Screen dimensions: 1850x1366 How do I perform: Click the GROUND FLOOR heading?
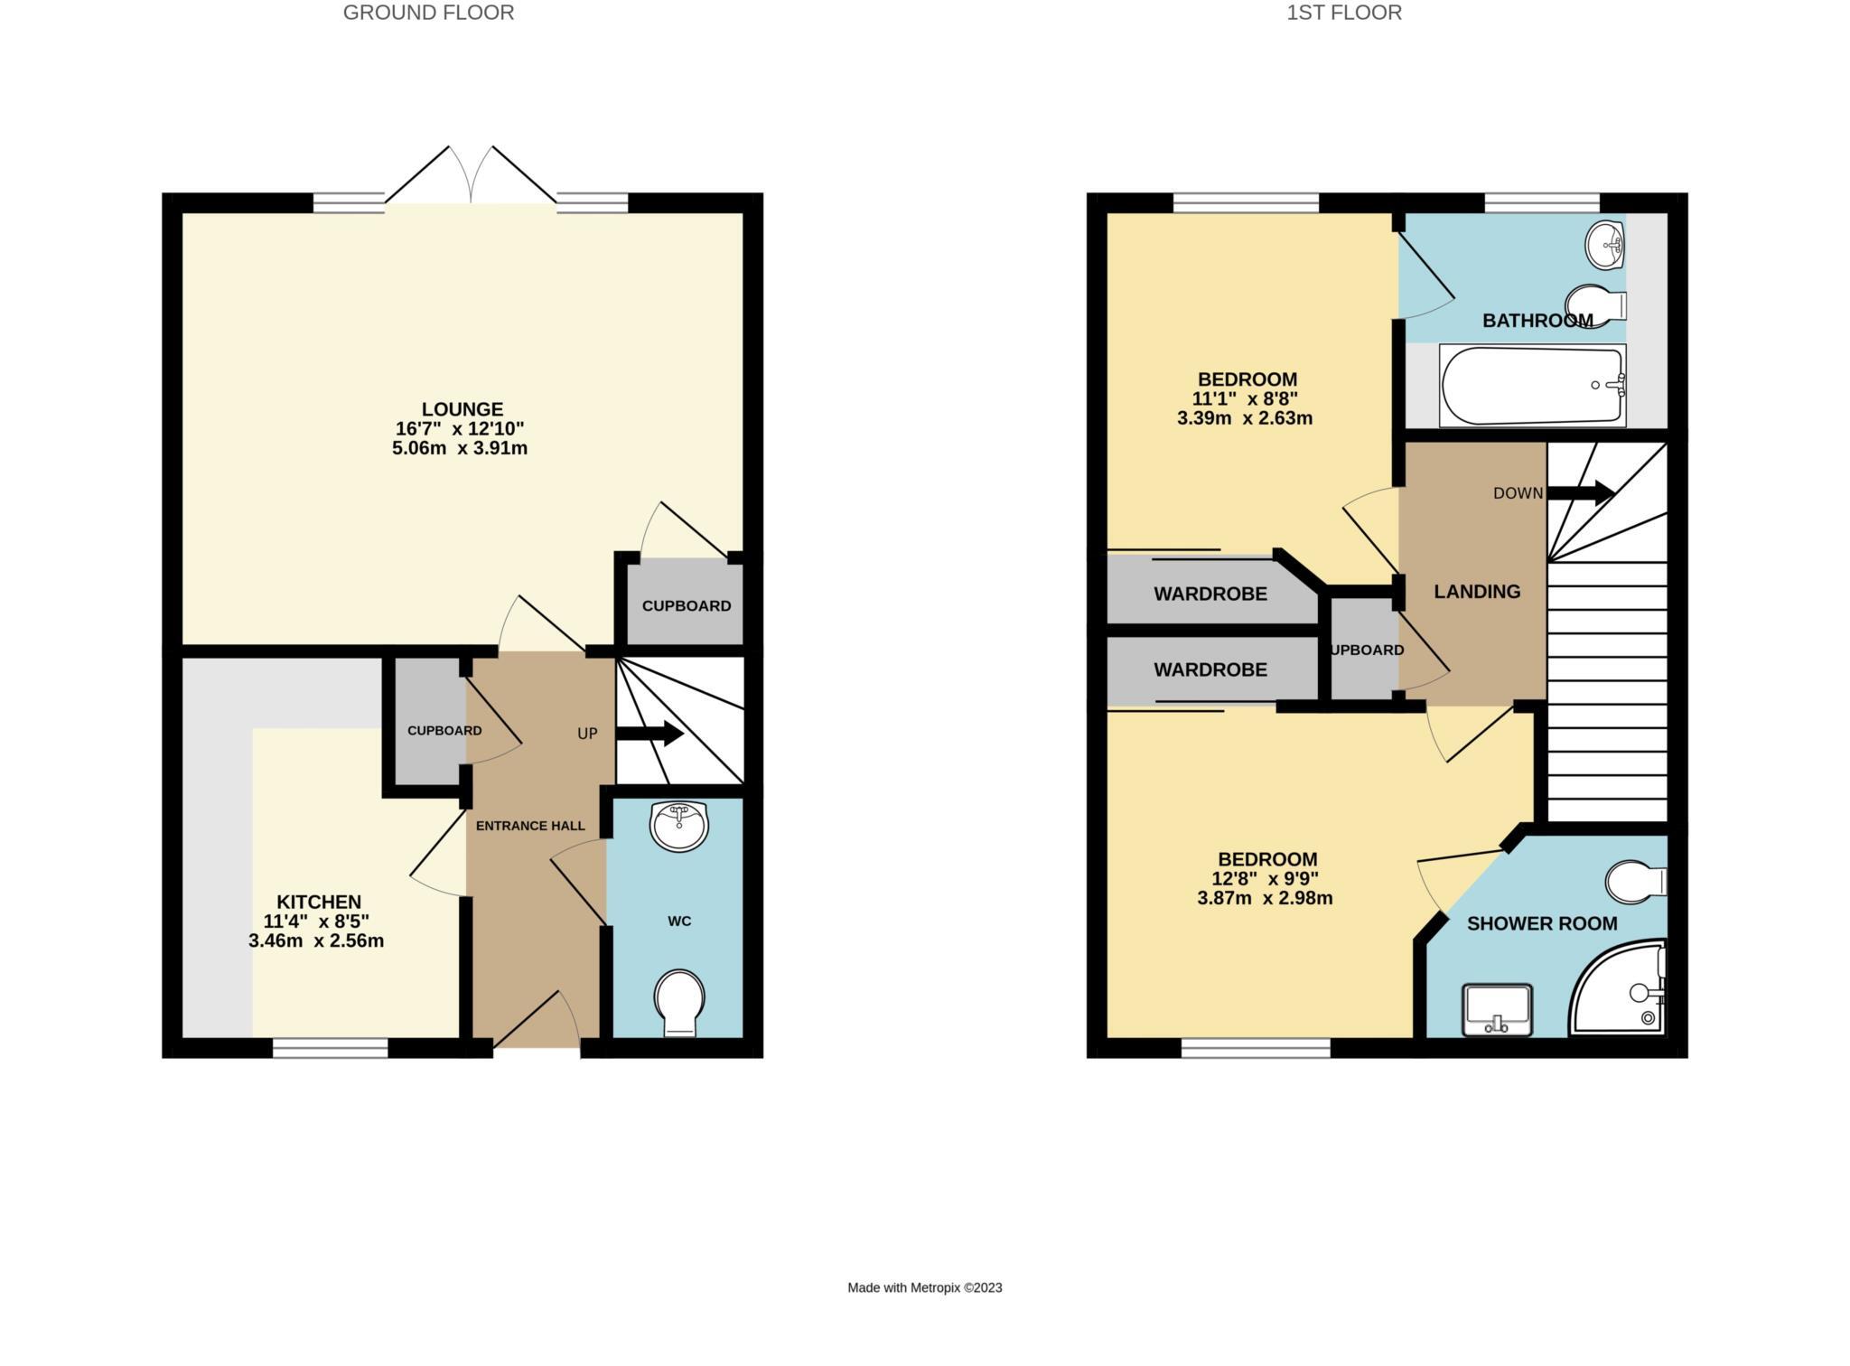coord(428,13)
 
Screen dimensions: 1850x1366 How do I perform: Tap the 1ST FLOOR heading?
coord(1344,13)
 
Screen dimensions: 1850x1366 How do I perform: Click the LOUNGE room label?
coord(462,409)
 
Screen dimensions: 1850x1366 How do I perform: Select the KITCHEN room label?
coord(318,902)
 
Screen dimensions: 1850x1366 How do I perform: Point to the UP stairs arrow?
coord(649,734)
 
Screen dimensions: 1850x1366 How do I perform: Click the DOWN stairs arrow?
coord(1580,493)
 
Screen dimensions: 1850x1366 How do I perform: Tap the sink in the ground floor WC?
coord(679,827)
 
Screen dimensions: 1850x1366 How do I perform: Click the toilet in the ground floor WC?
coord(679,1004)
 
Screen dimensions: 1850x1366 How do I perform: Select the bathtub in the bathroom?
coord(1533,386)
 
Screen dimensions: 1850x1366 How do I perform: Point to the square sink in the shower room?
coord(1497,1010)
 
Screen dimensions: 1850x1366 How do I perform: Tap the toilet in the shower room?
coord(1636,881)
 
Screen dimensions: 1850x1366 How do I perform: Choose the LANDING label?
coord(1477,592)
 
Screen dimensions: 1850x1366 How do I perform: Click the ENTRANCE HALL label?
coord(530,826)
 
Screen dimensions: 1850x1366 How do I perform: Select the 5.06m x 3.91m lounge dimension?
coord(460,448)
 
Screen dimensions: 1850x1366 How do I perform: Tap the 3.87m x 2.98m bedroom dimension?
coord(1265,898)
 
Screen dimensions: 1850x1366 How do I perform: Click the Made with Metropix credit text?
coord(925,1288)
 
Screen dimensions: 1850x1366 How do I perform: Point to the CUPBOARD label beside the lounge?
coord(687,606)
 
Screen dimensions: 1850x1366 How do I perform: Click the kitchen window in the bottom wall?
coord(331,1048)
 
